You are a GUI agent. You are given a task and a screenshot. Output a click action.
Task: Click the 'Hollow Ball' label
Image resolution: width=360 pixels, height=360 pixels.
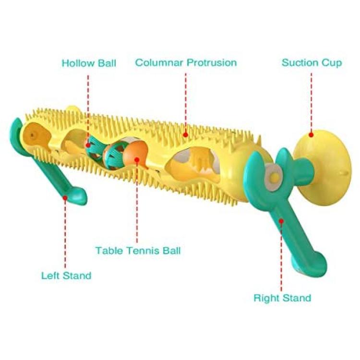click(x=89, y=63)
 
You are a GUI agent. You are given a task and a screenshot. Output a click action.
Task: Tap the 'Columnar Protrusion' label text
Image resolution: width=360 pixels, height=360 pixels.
click(x=186, y=62)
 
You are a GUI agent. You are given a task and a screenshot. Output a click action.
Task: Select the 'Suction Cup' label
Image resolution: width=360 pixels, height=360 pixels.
click(x=312, y=63)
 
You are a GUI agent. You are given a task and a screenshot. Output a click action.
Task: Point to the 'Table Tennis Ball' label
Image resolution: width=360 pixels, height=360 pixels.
click(x=138, y=250)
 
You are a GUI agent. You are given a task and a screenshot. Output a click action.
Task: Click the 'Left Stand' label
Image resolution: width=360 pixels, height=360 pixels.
click(x=66, y=276)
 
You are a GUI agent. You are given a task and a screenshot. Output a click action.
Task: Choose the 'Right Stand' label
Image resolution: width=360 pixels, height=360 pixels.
click(x=282, y=298)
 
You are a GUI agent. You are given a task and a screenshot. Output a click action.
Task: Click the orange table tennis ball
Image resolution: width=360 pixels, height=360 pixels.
click(x=135, y=154)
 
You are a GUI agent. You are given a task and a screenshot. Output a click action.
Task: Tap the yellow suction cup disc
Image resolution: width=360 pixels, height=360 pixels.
click(x=323, y=168)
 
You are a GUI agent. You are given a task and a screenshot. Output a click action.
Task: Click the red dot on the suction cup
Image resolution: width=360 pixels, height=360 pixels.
click(x=311, y=135)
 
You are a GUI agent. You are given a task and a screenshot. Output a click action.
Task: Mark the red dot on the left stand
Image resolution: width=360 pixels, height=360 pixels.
click(x=65, y=197)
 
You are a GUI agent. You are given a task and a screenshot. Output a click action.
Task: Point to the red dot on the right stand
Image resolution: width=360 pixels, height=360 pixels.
click(x=281, y=221)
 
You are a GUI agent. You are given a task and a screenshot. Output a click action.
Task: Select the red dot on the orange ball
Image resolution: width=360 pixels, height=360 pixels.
click(x=137, y=159)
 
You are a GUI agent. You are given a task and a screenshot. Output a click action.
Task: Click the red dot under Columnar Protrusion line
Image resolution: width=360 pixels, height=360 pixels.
click(x=185, y=135)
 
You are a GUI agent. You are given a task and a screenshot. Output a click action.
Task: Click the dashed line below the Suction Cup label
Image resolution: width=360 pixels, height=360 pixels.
click(x=312, y=102)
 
